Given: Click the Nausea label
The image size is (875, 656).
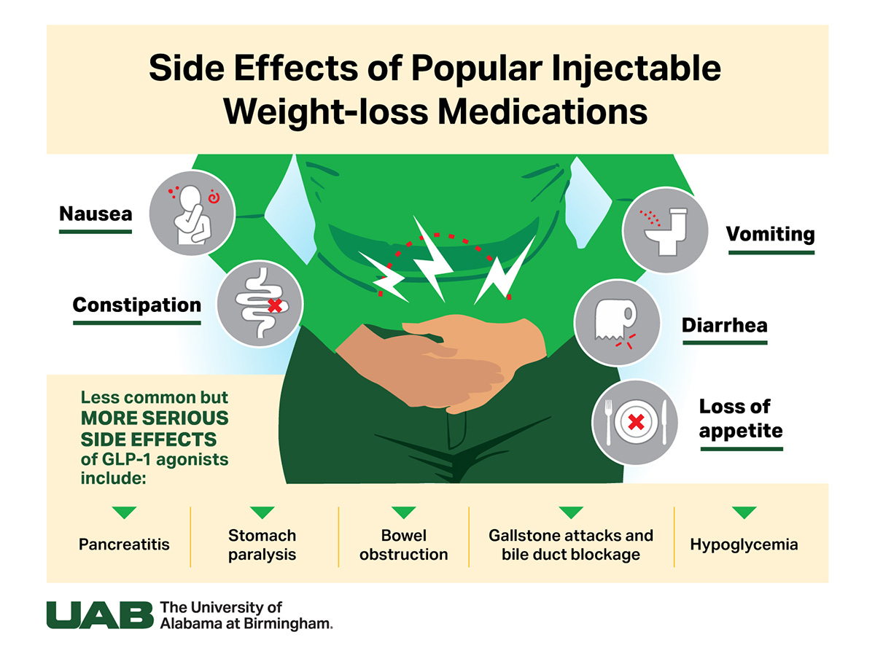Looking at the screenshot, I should coord(96,214).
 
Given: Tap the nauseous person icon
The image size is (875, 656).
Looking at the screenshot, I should coord(192,214).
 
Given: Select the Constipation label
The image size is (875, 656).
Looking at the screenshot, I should coord(136,305).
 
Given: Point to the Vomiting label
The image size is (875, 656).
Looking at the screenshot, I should coord(770,235).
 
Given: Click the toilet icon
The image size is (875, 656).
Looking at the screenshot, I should coord(665,230).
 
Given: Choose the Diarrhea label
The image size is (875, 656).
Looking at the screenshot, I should coord(725,324).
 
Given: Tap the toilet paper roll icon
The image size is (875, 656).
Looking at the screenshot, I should coord(617,321).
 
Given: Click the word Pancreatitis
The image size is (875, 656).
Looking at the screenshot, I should coord(124,545).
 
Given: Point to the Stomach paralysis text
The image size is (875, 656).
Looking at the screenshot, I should coord(262,545).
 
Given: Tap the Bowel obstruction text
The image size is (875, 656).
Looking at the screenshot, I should coord(404,545).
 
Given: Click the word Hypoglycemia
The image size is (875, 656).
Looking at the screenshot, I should coord(744,545).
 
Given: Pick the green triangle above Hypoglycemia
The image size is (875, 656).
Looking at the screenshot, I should coord(744,512).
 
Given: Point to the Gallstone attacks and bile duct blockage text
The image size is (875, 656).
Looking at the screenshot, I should coord(571,545).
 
